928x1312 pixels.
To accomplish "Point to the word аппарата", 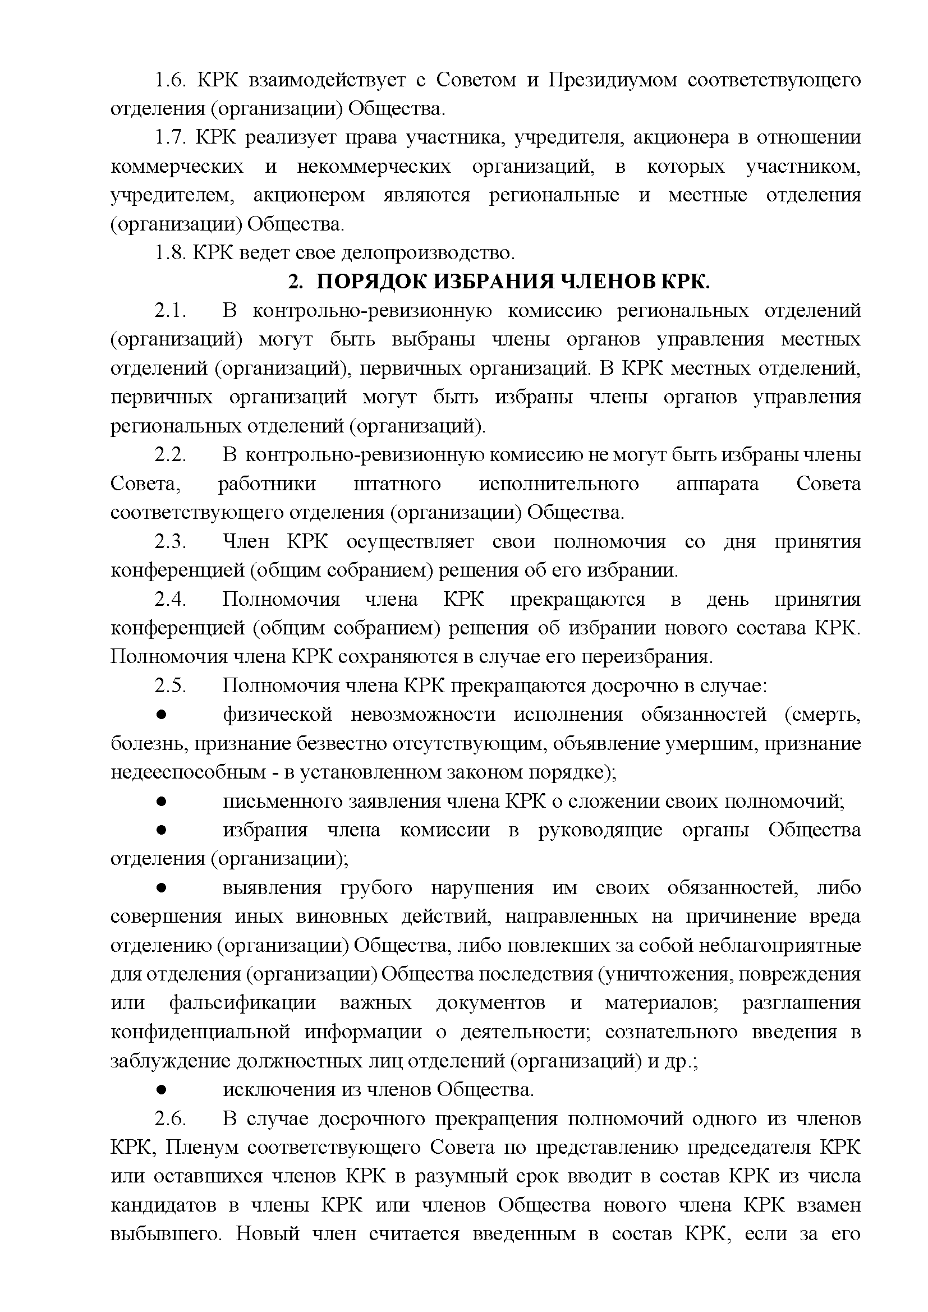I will (x=717, y=484).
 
